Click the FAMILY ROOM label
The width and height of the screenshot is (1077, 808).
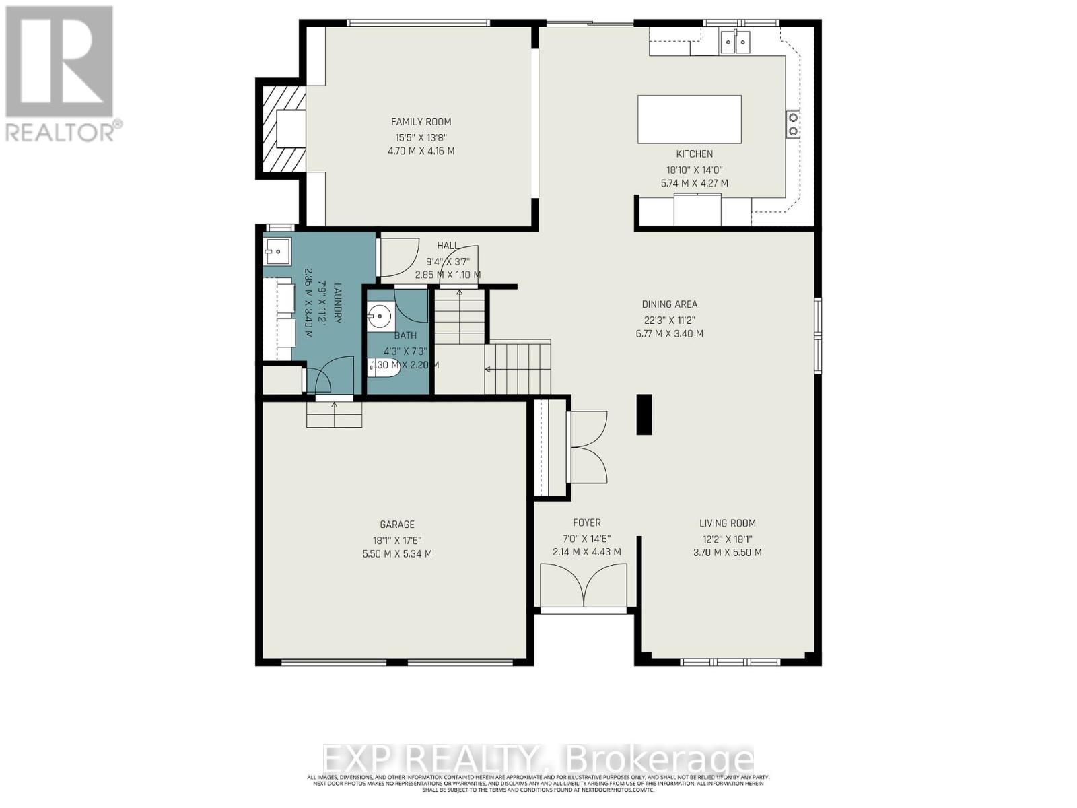pos(421,122)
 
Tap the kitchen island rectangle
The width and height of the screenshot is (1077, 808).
pos(689,119)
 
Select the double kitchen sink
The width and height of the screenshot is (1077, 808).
pos(735,42)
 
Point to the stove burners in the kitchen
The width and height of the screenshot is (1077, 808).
pos(793,123)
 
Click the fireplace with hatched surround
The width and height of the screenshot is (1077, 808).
pos(281,128)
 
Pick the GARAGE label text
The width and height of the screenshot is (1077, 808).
pos(397,525)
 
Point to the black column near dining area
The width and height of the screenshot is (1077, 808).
pos(644,415)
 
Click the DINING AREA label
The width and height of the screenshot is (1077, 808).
pos(669,304)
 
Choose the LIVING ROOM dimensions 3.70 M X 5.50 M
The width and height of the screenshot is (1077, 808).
pos(727,553)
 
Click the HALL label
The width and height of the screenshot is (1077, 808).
pos(448,246)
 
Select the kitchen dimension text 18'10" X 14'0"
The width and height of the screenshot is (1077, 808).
pos(694,170)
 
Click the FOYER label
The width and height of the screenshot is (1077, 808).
pos(586,523)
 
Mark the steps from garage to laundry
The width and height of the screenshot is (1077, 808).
pos(335,414)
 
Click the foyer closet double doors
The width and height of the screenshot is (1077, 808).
pos(589,446)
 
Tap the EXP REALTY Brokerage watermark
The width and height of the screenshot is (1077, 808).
pos(538,760)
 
